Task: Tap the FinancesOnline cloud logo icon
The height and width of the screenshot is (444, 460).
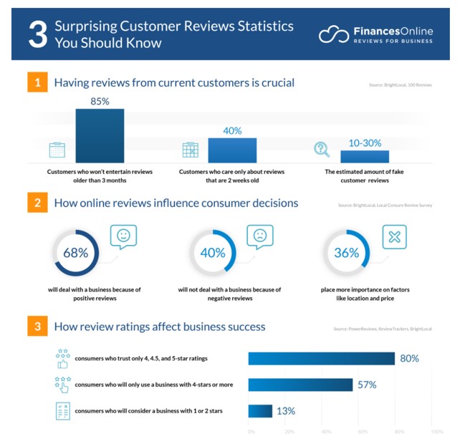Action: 332,34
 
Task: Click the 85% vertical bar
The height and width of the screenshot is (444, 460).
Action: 100,136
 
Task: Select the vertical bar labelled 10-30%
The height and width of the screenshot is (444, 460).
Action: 365,156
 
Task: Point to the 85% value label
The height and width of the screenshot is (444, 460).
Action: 100,102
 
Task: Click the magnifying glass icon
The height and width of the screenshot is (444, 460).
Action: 322,150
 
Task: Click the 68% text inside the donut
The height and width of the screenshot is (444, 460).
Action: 75,252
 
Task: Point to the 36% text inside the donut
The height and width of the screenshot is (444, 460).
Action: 346,252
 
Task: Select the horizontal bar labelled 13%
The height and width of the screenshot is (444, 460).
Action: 260,411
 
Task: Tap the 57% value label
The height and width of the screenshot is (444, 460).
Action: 366,385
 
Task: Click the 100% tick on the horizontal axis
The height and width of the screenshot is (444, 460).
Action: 436,431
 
